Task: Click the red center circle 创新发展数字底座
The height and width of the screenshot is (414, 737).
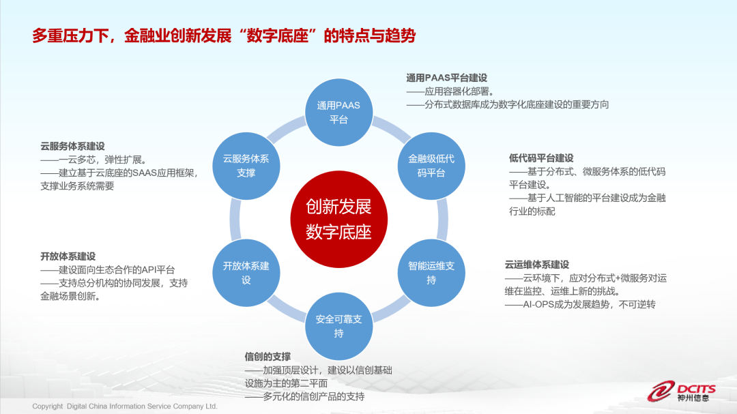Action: pyautogui.click(x=338, y=218)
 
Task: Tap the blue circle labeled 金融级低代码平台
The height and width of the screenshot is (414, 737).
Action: pyautogui.click(x=431, y=166)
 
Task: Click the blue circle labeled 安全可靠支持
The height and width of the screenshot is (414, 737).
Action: pyautogui.click(x=338, y=325)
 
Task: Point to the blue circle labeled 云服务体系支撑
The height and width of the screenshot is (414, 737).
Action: pyautogui.click(x=246, y=166)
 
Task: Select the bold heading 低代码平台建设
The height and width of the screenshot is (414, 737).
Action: pyautogui.click(x=541, y=158)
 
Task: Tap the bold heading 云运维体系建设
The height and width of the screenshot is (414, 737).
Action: pyautogui.click(x=536, y=265)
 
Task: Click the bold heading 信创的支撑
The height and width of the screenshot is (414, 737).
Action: pyautogui.click(x=268, y=357)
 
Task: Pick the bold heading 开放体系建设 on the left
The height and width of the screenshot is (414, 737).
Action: pyautogui.click(x=68, y=256)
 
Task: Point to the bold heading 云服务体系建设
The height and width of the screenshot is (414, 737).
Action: pyautogui.click(x=72, y=146)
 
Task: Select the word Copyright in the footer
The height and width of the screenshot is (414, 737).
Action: pyautogui.click(x=48, y=406)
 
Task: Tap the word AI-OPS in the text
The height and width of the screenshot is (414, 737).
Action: pyautogui.click(x=539, y=304)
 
